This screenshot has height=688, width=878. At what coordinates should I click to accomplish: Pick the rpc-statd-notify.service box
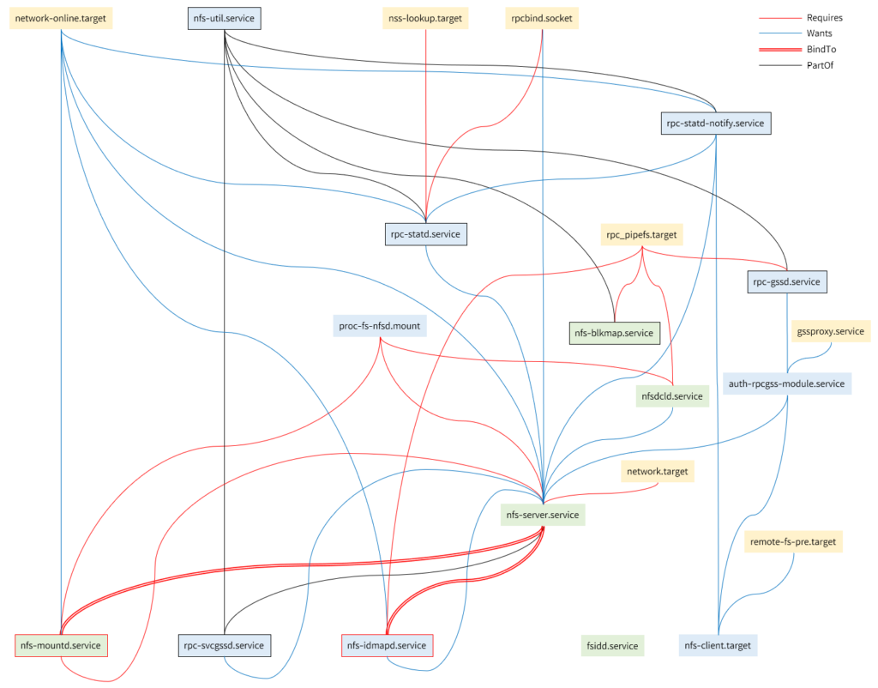(714, 124)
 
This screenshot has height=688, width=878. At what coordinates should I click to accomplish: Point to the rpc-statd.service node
(426, 233)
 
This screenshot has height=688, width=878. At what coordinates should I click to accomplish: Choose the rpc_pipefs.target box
(642, 233)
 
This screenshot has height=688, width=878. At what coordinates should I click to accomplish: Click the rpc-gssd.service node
(787, 281)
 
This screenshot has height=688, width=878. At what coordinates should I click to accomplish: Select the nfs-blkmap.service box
(614, 332)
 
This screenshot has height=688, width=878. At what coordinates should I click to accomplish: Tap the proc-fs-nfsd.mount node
(379, 326)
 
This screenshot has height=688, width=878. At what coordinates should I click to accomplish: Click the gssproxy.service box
(830, 331)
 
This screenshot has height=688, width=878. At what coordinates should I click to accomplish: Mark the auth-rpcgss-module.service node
(786, 383)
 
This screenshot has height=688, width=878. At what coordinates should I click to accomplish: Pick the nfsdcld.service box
(671, 396)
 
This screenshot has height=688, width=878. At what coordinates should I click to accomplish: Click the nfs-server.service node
(543, 515)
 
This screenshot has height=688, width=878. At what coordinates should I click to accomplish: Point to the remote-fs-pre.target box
(793, 542)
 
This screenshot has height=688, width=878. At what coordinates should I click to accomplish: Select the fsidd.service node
(612, 646)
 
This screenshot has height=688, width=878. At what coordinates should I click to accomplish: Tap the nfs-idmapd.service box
(388, 645)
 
